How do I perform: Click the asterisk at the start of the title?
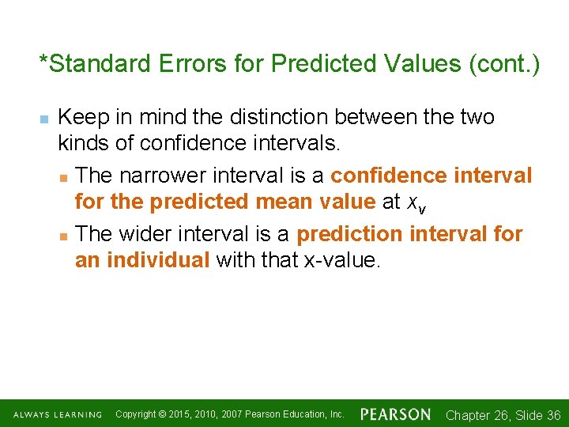[x=44, y=62]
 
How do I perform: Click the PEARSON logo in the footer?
[x=396, y=414]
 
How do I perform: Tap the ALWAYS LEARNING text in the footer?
[x=57, y=414]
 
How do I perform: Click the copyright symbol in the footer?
[x=162, y=414]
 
